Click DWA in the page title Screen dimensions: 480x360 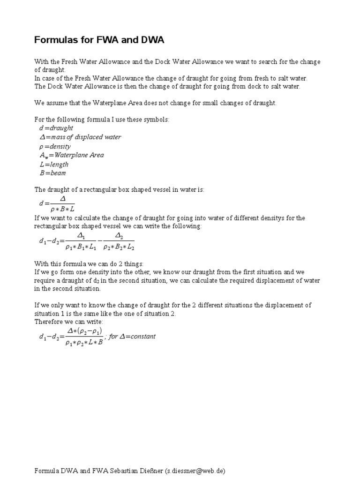[x=151, y=41]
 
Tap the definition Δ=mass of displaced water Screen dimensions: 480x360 [x=80, y=137]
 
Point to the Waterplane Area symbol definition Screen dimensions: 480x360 [x=72, y=155]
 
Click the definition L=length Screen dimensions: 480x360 [x=54, y=164]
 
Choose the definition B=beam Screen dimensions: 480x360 [x=53, y=173]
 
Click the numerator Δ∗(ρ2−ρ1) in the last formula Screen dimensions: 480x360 [x=84, y=331]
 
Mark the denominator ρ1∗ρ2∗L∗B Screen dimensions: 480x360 [x=84, y=342]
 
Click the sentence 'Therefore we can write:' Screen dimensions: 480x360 [x=69, y=322]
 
